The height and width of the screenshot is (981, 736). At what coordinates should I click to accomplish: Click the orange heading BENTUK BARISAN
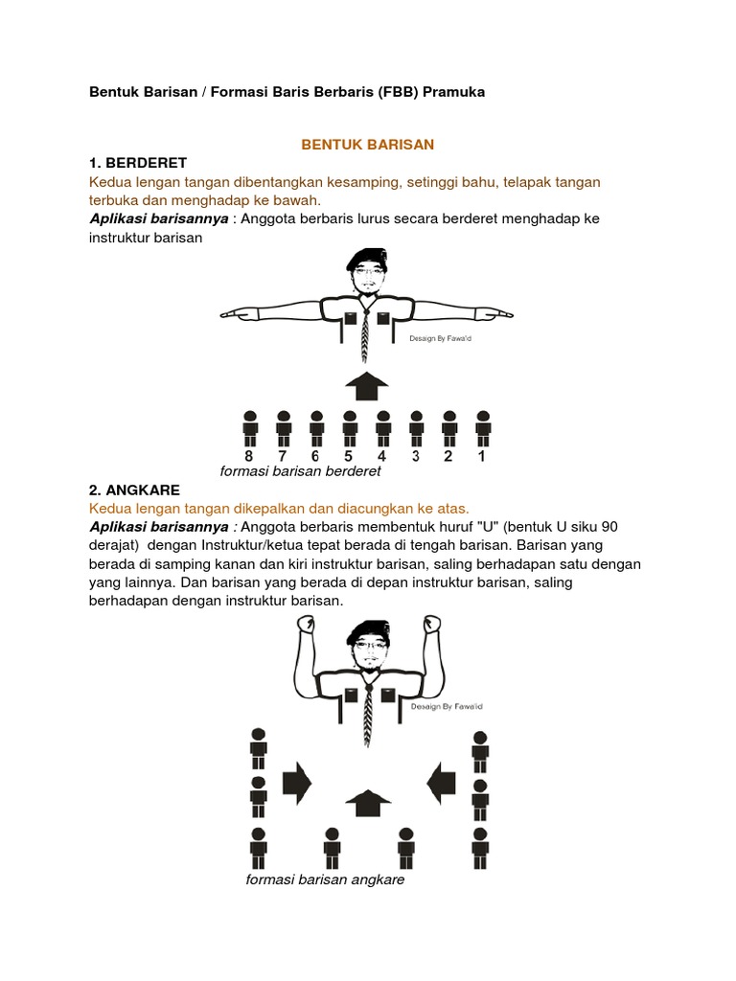(x=368, y=145)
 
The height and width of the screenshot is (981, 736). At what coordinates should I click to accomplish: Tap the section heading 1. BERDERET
(x=138, y=163)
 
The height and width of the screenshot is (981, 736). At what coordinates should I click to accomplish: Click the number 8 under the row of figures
(x=250, y=456)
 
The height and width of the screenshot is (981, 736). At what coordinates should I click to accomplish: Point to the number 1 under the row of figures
(x=483, y=456)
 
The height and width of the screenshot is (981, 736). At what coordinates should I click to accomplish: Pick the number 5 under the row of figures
(x=350, y=456)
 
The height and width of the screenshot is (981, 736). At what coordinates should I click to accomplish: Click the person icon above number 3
(x=416, y=427)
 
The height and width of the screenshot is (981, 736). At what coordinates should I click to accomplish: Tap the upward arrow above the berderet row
(x=366, y=387)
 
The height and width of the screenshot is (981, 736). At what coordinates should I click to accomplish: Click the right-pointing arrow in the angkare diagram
(x=297, y=783)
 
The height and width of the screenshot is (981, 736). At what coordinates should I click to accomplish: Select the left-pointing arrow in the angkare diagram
(x=441, y=783)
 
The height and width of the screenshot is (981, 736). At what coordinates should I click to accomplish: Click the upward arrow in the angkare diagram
(x=367, y=803)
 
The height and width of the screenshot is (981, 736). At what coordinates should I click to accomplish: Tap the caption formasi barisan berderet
(x=300, y=471)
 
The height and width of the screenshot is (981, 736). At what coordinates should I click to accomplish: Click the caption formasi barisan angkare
(x=325, y=879)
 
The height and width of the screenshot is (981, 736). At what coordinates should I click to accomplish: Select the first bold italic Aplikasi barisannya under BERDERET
(x=158, y=218)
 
